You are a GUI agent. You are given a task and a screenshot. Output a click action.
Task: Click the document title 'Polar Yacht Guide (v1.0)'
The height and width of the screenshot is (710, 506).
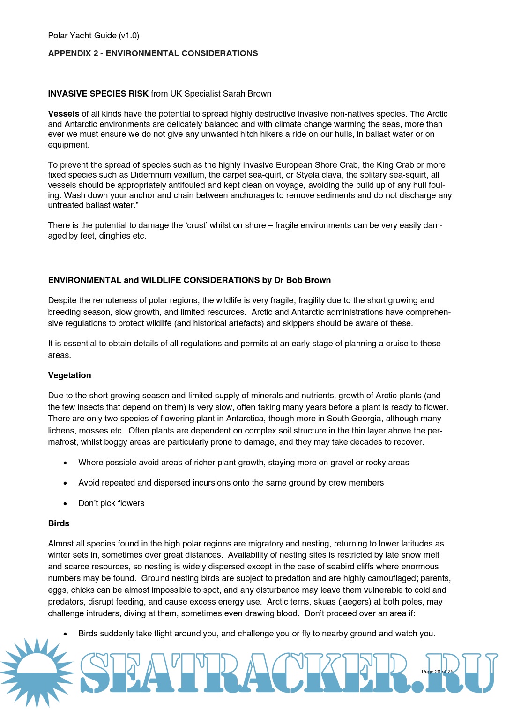93,36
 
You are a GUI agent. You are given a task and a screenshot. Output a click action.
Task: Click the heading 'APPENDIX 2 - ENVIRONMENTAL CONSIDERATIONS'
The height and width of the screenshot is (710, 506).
153,53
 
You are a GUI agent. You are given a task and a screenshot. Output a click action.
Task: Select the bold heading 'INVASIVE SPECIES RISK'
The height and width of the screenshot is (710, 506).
98,94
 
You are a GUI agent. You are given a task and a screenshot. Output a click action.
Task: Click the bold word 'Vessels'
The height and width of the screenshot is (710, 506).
64,114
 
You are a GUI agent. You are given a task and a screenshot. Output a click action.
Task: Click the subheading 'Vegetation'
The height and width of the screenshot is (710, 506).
69,375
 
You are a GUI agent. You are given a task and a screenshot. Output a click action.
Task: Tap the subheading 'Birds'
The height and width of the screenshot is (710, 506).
59,523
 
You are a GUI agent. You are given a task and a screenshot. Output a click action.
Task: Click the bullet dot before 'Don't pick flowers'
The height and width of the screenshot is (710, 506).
65,504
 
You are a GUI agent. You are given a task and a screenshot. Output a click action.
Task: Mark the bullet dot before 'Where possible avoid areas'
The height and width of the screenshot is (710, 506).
65,463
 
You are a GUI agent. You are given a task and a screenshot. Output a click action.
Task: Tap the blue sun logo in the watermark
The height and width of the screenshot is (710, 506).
36,673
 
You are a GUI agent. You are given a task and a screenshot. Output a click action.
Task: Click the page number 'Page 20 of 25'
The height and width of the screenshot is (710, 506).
437,672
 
